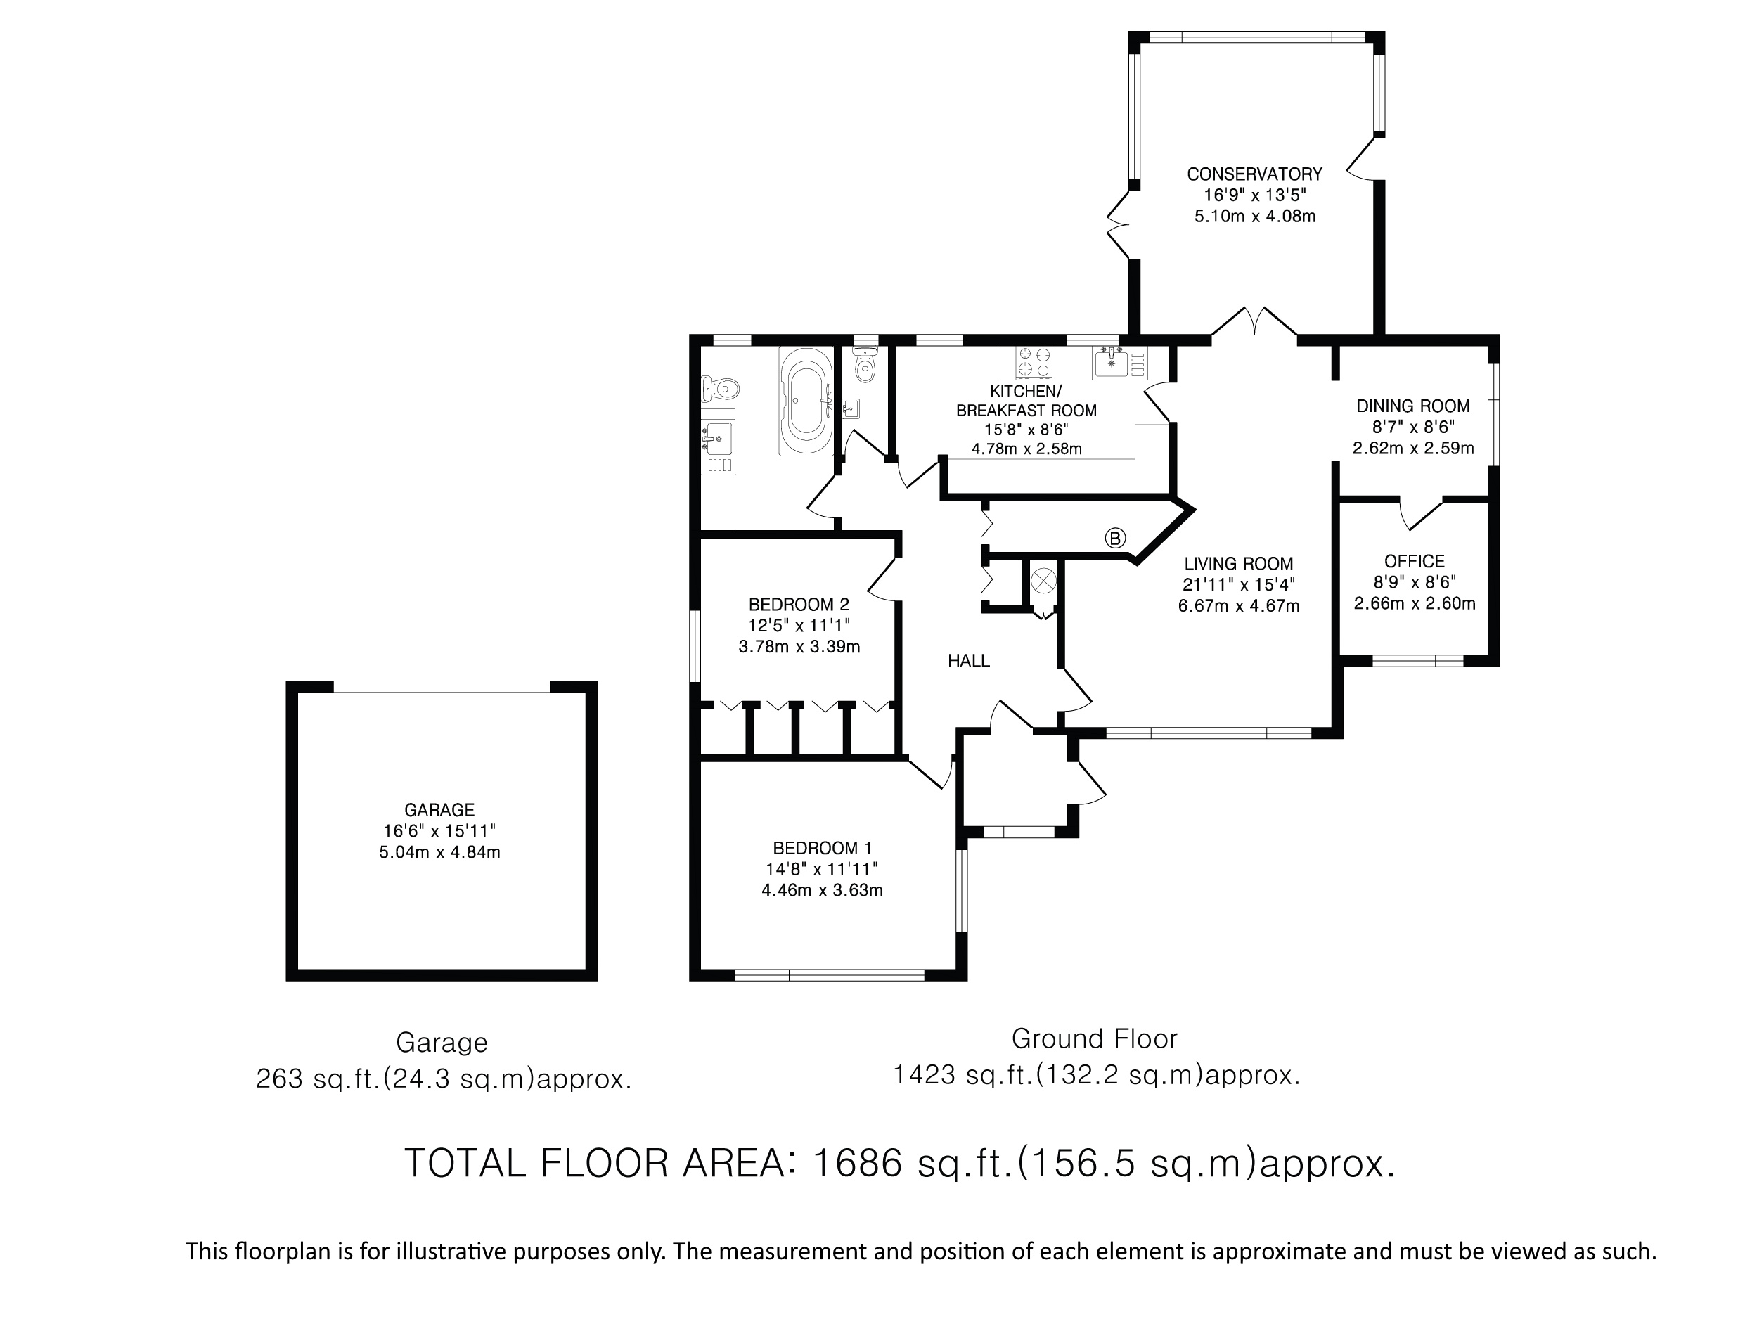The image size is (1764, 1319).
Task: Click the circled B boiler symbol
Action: [x=1115, y=539]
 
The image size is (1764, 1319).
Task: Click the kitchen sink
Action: [x=1112, y=363]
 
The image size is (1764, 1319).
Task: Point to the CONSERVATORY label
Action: [x=1254, y=174]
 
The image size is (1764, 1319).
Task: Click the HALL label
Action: [x=969, y=660]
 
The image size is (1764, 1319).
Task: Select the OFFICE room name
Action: [x=1415, y=561]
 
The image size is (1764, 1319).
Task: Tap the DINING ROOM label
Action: [x=1413, y=406]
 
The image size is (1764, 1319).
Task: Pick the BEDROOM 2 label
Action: [x=799, y=605]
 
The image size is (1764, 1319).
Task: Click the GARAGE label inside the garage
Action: [x=439, y=809]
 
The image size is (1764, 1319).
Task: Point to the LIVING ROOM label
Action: [x=1239, y=564]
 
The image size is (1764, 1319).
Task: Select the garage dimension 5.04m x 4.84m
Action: [x=439, y=851]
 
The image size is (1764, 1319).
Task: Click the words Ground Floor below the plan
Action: [x=1094, y=1038]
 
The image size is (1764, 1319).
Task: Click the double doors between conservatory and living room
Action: [x=1255, y=321]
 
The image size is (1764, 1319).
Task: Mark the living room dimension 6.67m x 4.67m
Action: [x=1239, y=606]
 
